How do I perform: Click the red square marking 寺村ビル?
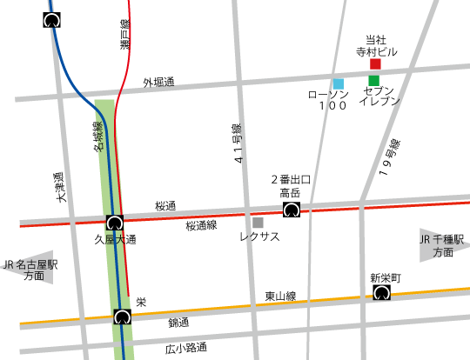pos(376,64)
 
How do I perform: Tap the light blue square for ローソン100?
pos(339,83)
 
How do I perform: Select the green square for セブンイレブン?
pos(374,81)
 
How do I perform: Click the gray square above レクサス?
pos(258,223)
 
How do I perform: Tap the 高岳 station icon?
pos(291,210)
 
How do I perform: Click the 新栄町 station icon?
pos(381,294)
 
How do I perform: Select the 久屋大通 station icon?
pos(114,223)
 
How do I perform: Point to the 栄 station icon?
pos(122,317)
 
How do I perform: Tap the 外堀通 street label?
pos(158,83)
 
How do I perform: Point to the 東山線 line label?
pos(280,297)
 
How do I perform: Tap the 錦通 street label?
pos(178,323)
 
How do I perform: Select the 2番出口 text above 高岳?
pos(290,179)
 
